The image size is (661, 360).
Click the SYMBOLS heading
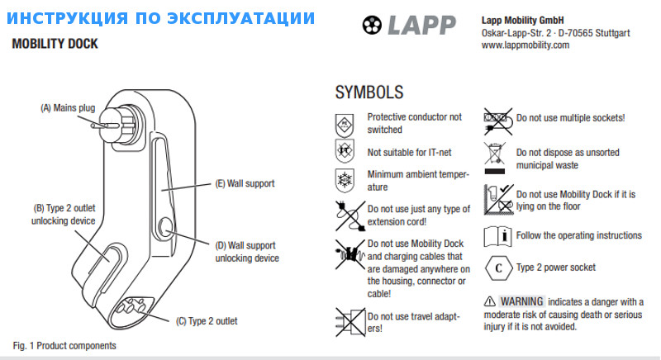[x=369, y=91]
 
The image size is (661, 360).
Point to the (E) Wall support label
[x=245, y=183]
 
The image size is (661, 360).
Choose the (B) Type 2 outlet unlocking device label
[x=64, y=214]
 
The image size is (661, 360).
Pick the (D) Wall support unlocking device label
[x=247, y=251]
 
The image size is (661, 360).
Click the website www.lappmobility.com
[x=525, y=45]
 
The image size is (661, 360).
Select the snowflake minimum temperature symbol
[x=345, y=180]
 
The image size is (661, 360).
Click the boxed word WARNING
[x=521, y=301]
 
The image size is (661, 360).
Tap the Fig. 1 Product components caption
[x=64, y=345]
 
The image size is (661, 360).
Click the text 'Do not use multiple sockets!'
[x=570, y=118]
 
